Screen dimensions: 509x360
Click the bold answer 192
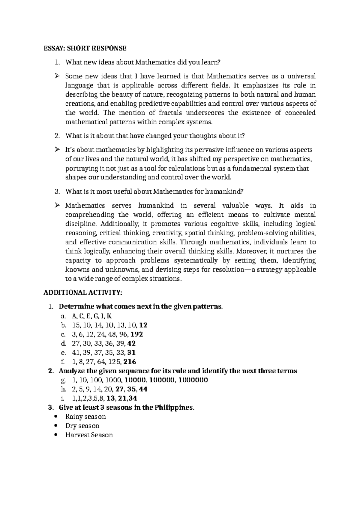point(137,334)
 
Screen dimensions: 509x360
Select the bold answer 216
point(130,362)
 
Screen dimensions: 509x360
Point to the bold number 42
point(131,343)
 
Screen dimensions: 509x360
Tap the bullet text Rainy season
point(85,417)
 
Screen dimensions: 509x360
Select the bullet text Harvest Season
point(89,435)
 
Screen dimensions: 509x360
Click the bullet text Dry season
point(82,426)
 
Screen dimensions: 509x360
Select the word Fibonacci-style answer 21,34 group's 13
point(110,398)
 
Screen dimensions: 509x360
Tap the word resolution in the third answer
point(228,270)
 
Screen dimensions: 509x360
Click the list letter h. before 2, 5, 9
point(63,389)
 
